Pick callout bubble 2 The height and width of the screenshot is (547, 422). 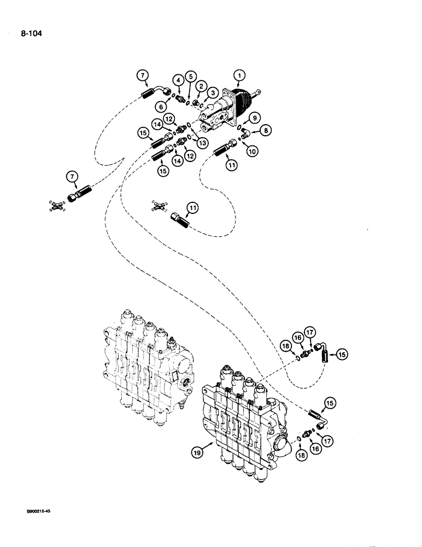coord(201,86)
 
